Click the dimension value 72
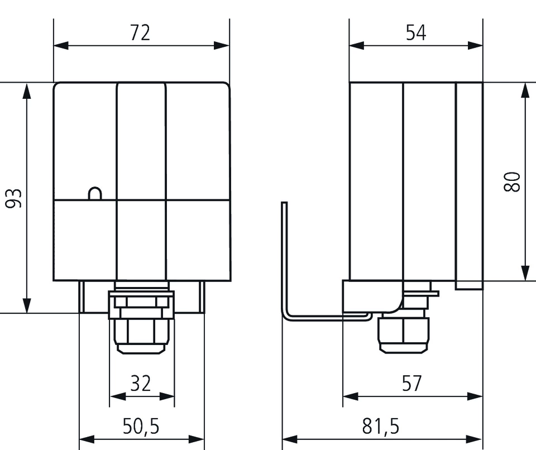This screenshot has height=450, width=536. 141,33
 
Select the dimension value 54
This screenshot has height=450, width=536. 416,33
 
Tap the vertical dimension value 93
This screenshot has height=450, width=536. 14,198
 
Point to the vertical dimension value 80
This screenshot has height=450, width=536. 512,182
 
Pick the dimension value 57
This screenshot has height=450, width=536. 412,384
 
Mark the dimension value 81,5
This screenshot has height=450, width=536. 381,427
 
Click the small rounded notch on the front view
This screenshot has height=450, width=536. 95,193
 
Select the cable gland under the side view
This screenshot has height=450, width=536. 405,333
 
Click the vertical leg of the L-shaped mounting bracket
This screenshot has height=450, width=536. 284,257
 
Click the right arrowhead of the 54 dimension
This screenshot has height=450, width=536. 477,45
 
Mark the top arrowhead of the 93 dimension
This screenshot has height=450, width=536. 26,89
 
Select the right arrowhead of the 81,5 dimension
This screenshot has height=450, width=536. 477,439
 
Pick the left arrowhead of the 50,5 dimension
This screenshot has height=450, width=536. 85,439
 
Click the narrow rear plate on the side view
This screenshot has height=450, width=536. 469,184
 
